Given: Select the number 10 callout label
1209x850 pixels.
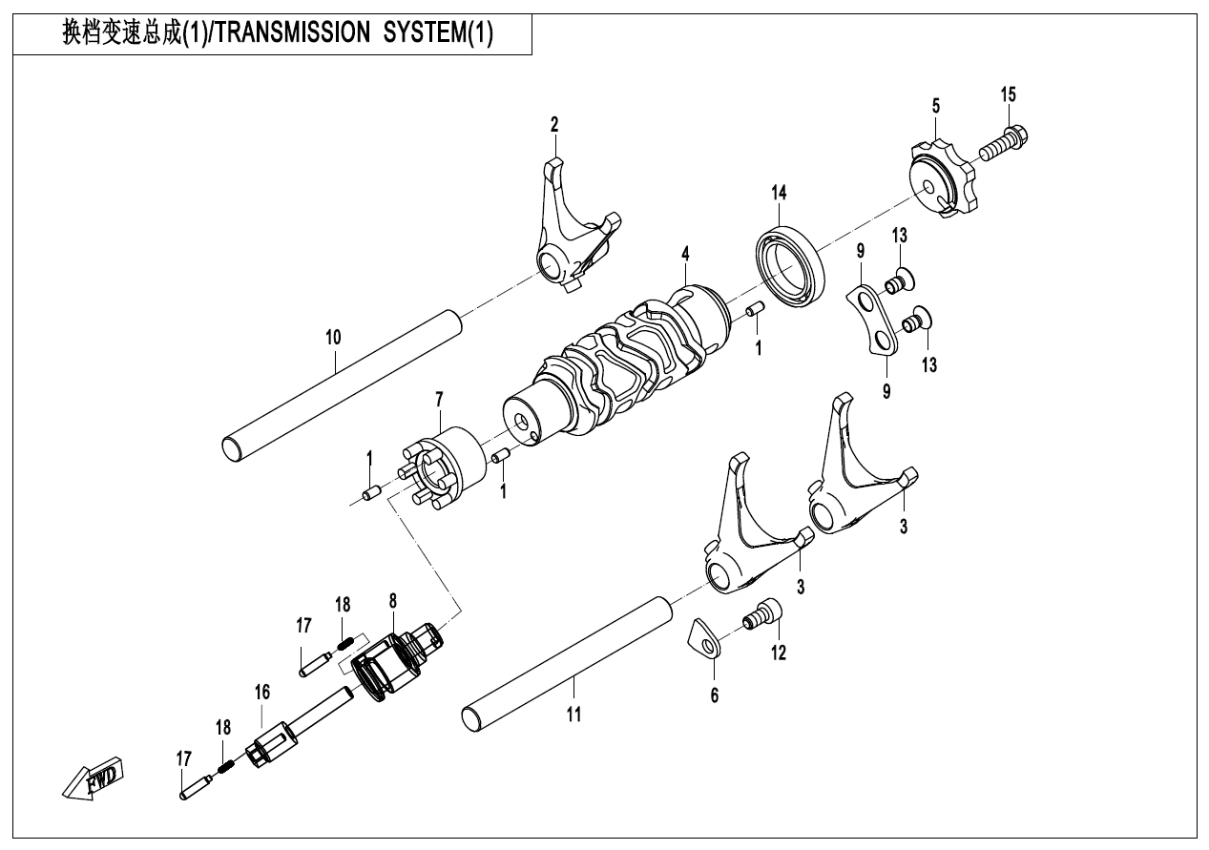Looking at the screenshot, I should (x=332, y=337).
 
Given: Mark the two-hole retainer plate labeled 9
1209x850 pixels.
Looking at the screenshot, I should (x=874, y=320).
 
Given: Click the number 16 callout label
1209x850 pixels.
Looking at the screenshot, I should (x=261, y=689).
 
